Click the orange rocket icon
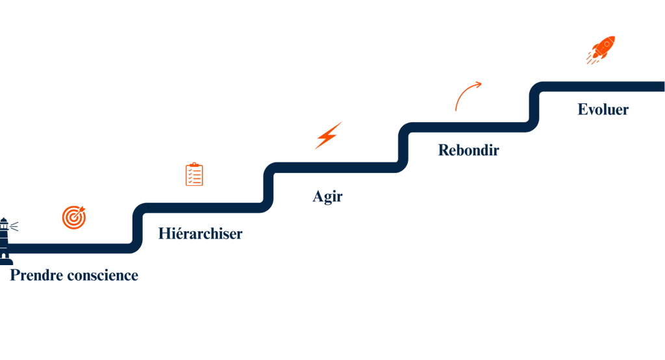600,50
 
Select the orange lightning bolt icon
329,135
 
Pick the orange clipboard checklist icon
194,174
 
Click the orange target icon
74,217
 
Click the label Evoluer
603,109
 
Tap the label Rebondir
468,150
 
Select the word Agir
327,196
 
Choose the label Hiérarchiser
200,233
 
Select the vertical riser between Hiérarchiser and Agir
269,188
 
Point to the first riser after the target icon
137,227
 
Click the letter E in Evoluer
583,109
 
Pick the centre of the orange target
74,217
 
